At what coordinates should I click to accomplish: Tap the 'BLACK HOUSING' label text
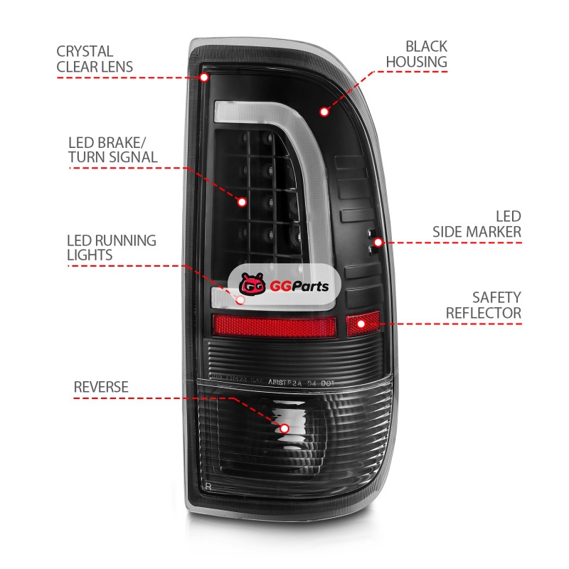point(416,54)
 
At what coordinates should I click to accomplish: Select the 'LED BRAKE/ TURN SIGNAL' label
point(112,148)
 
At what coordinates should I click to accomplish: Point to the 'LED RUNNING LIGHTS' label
point(111,247)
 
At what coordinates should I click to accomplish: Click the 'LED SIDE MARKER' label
point(477,224)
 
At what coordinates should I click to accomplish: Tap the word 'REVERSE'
point(101,387)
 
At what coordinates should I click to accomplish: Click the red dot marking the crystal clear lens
point(204,76)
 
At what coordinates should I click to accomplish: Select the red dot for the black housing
point(324,112)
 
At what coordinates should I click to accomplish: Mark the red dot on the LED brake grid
point(242,202)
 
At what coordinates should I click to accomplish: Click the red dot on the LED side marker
point(378,243)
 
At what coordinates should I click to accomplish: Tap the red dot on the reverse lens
point(284,428)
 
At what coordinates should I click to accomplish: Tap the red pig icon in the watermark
point(251,286)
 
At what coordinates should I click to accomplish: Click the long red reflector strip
point(274,326)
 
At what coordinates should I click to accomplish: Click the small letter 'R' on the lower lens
point(207,486)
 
